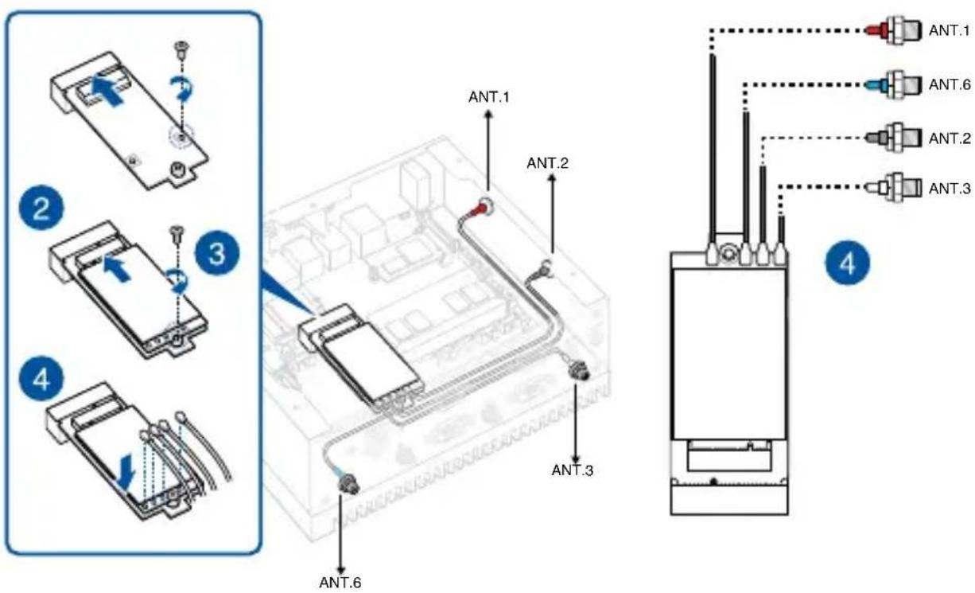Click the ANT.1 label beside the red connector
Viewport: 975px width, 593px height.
949,30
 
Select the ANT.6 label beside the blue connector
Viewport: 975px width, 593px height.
950,84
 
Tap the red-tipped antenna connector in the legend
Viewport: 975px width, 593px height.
894,30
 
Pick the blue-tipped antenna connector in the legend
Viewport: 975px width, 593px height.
894,84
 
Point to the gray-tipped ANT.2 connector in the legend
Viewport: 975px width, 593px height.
894,138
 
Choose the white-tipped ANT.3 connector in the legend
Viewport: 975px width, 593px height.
894,188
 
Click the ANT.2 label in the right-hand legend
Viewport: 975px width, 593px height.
950,138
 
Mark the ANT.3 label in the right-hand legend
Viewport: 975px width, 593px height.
950,189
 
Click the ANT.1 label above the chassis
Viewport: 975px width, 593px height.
489,97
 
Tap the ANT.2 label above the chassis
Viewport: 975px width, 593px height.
548,163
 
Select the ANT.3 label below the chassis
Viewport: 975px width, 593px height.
572,470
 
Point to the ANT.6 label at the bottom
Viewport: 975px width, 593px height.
340,582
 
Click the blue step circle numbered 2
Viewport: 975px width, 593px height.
41,208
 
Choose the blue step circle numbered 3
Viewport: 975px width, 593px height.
217,254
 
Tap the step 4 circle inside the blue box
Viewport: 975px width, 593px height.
41,379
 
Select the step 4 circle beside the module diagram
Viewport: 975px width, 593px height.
848,263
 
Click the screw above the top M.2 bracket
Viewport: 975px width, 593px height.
181,48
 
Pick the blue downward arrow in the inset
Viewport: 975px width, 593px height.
126,472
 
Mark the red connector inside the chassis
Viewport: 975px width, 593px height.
480,209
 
